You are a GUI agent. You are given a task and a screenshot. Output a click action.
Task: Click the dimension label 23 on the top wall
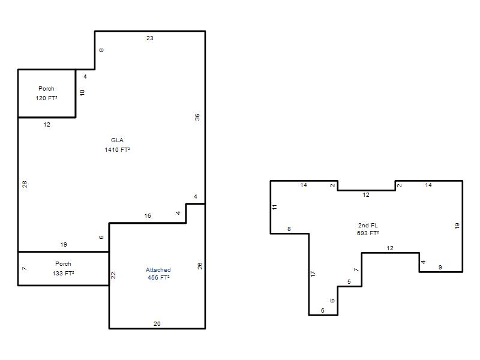point(149,38)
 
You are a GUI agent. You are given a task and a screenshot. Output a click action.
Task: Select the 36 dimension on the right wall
point(197,117)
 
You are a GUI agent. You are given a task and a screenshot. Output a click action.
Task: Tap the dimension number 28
point(25,184)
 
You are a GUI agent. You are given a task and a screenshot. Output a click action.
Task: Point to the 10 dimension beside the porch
point(82,92)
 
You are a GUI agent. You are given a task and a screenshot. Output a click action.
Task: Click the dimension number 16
point(148,216)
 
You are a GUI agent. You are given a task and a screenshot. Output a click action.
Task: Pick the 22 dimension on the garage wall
point(113,275)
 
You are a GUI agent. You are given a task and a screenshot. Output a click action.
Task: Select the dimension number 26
point(200,266)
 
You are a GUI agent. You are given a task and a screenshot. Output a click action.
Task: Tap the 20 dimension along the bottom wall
point(157,323)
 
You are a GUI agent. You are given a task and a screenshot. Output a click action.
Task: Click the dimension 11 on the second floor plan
point(275,207)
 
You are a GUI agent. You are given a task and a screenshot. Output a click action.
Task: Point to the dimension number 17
point(313,274)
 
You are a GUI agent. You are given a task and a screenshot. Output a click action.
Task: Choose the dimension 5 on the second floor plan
point(349,281)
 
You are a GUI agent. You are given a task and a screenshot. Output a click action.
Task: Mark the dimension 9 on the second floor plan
point(440,267)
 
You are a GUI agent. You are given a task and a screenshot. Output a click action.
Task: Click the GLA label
point(117,140)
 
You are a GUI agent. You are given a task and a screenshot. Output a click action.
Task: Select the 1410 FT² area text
point(117,149)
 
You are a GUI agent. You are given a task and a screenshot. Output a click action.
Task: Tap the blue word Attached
point(158,269)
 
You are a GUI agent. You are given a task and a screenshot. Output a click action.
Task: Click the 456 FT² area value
point(158,278)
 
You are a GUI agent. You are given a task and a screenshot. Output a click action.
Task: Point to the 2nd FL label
point(368,226)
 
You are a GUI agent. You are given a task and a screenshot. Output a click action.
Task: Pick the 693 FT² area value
point(368,233)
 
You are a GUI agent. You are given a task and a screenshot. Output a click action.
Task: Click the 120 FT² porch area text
point(47,98)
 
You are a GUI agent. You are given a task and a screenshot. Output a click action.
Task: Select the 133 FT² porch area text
point(64,274)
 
